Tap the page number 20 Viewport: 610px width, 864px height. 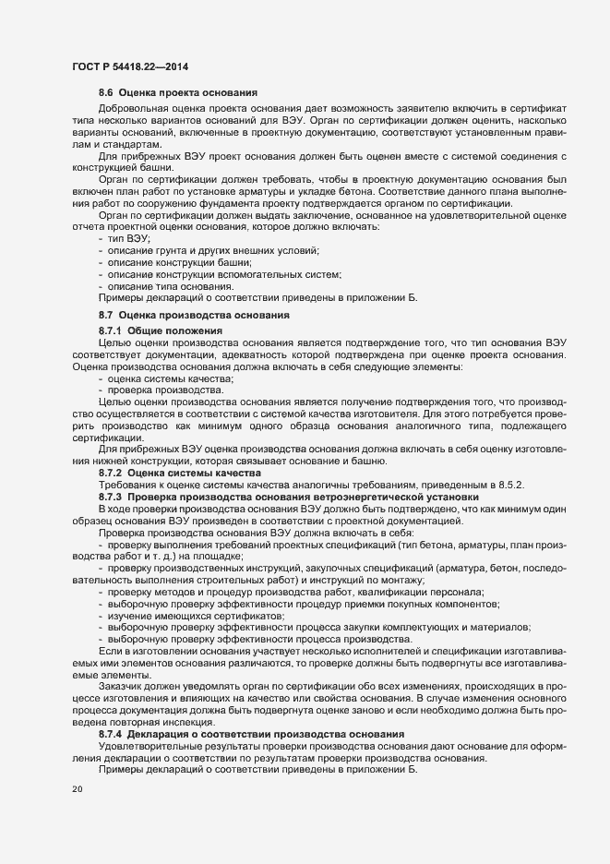[x=78, y=791]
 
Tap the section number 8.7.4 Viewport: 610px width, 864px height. [x=111, y=734]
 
